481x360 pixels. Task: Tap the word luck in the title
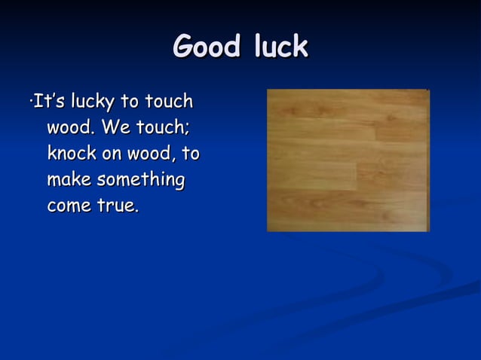(274, 47)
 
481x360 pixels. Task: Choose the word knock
(72, 154)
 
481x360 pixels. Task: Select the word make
(67, 180)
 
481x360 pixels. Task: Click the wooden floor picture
(348, 160)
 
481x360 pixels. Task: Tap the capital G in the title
(183, 47)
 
